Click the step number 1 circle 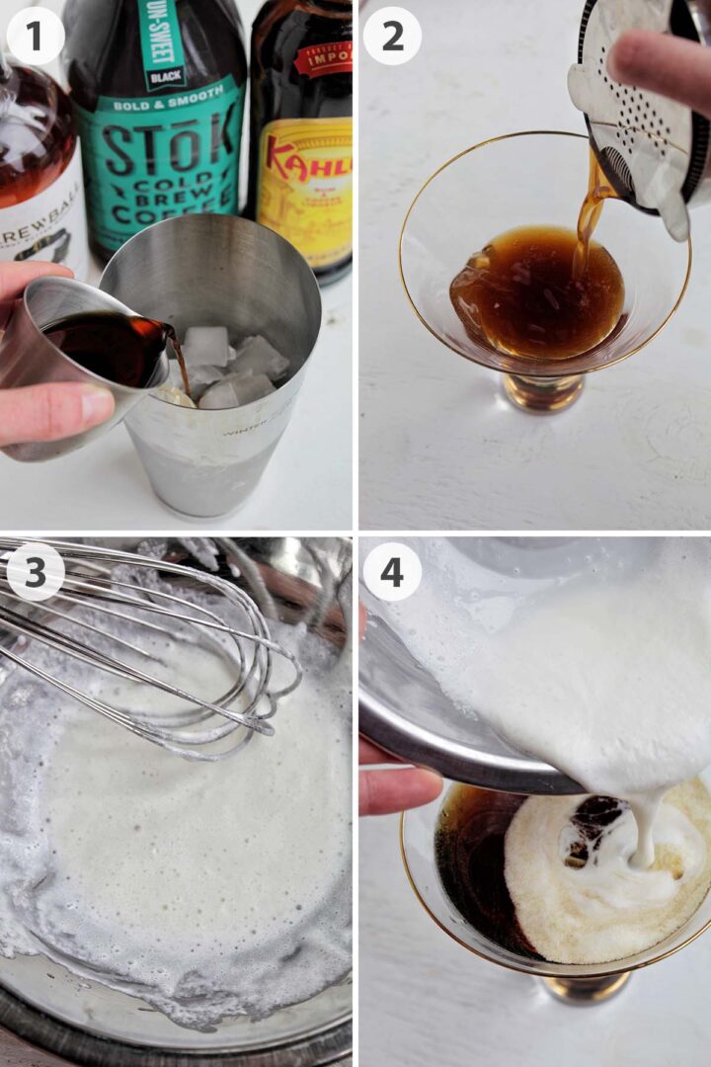[36, 36]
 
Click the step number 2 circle [392, 36]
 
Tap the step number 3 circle [36, 572]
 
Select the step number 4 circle [392, 572]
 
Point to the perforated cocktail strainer [632, 128]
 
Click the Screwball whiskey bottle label [39, 217]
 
